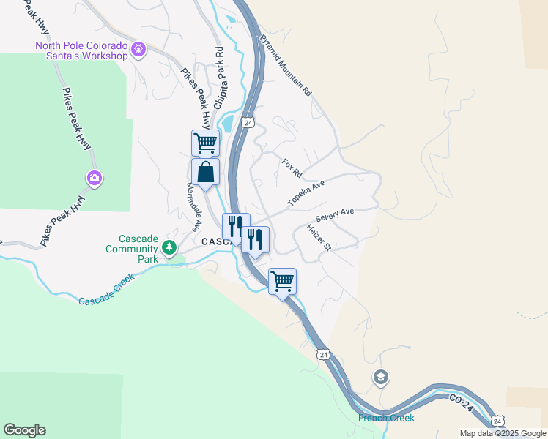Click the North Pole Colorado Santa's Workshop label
coord(82,50)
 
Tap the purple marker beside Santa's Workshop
coord(139,50)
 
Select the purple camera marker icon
coord(94,177)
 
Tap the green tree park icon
coord(169,248)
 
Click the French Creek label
coord(386,418)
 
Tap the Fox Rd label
coord(292,168)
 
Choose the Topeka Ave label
coord(306,194)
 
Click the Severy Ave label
coord(334,214)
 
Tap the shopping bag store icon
coord(205,173)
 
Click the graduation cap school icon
coord(380,378)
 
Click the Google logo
coord(24,430)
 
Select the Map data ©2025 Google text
coord(502,433)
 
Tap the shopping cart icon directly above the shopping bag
coord(205,143)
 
